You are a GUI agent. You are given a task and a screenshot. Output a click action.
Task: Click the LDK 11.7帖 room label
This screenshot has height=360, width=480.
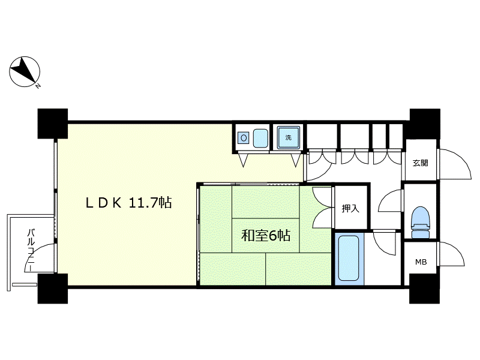pos(128,203)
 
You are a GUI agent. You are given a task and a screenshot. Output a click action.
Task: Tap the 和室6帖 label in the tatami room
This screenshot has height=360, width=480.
pos(266,235)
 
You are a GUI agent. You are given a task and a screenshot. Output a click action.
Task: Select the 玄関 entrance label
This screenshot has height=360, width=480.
pos(420,163)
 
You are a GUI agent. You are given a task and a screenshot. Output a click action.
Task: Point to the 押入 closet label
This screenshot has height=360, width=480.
pos(350,209)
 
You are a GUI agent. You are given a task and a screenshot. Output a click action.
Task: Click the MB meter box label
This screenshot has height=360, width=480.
pos(421,262)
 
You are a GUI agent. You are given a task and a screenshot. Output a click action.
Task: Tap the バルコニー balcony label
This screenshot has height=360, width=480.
pos(31,249)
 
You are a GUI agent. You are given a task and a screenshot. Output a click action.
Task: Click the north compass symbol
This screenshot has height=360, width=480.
pos(25,72)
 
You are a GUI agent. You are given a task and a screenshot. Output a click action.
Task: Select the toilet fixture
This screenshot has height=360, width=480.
pos(421,222)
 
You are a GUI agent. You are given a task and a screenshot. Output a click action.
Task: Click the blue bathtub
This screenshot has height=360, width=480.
pos(349,258)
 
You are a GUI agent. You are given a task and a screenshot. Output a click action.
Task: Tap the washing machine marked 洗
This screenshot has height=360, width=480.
pos(289,137)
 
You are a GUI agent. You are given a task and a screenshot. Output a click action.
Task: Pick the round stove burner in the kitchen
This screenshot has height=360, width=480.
pos(244,138)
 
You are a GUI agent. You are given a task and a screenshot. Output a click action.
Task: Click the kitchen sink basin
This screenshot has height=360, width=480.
pos(260,138)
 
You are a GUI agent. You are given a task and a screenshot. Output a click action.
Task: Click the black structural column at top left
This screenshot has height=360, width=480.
pos(53,124)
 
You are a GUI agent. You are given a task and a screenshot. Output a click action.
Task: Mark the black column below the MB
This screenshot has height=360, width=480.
pos(425,289)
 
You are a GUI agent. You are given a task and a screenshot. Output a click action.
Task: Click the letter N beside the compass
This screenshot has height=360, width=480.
pos(38,86)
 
